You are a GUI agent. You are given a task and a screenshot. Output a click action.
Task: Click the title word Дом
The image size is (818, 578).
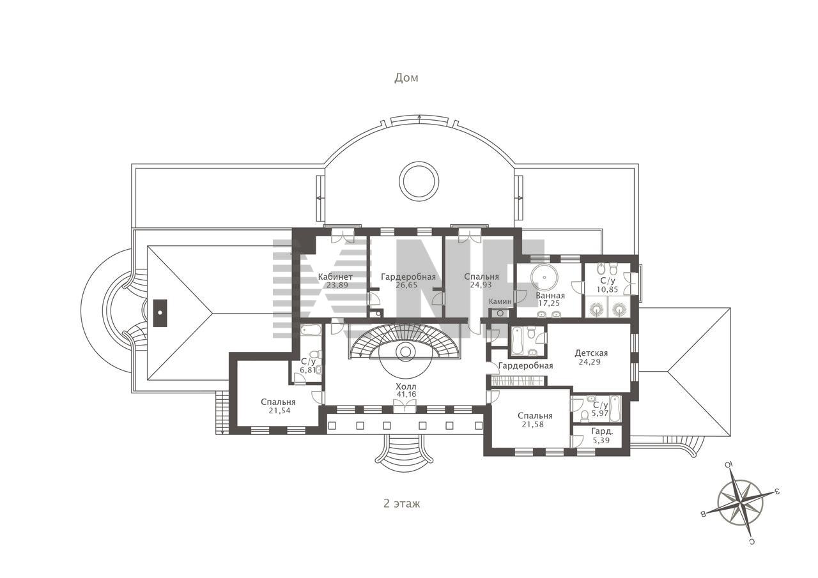coord(406,78)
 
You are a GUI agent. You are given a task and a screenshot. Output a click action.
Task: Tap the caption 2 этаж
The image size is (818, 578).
coord(402,504)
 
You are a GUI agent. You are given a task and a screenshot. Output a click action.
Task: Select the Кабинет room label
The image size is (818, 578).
coord(336,277)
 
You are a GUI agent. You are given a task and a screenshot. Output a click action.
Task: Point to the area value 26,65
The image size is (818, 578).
coord(406,285)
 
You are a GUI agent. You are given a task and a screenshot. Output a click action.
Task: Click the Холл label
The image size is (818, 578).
coord(406,386)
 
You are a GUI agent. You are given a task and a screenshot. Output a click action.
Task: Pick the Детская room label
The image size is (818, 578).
coord(591,353)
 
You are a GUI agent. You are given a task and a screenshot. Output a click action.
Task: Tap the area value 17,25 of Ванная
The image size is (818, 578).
coord(549,303)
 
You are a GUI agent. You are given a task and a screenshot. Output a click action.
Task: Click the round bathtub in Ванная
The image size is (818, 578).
coord(544,277)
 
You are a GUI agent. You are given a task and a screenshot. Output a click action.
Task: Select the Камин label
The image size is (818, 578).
coord(500,301)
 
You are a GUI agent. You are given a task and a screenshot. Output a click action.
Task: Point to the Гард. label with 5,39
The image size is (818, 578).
coord(602,431)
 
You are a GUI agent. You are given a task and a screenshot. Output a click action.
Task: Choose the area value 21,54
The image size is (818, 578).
coord(279,411)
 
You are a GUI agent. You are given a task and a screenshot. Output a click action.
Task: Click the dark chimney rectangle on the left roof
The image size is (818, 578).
coord(160,313)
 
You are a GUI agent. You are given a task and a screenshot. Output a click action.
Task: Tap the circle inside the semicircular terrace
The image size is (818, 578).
coord(419,181)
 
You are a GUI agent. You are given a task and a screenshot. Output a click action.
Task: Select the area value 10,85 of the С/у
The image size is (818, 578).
coord(607,289)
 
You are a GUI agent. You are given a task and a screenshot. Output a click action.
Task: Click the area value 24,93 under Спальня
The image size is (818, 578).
coord(481,285)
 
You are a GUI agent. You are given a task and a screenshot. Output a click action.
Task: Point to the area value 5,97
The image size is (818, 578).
coord(600,413)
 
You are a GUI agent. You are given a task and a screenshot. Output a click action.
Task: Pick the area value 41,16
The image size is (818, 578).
coord(406,394)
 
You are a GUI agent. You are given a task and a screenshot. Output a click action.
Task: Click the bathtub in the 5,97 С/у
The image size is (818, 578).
coord(615,408)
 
